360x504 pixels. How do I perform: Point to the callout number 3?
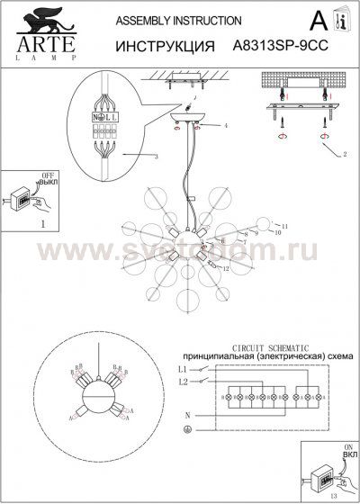pyautogui.click(x=157, y=157)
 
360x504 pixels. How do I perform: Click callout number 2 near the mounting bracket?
pyautogui.click(x=343, y=155)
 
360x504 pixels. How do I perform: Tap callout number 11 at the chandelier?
pyautogui.click(x=284, y=225)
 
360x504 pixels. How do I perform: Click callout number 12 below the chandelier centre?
pyautogui.click(x=226, y=269)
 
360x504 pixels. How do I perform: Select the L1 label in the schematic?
pyautogui.click(x=182, y=369)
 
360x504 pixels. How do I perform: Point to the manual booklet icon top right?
pyautogui.click(x=341, y=21)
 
